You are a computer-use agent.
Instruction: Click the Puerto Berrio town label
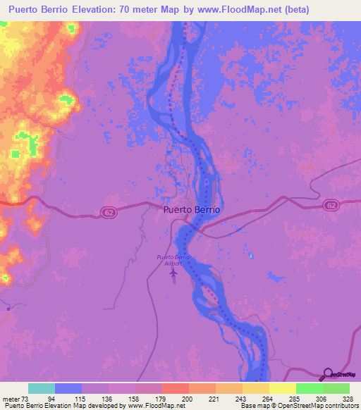tap(192, 209)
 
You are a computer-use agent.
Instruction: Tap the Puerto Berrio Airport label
tap(173, 259)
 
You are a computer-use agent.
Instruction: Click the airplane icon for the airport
tap(174, 272)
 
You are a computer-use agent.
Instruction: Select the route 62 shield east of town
tap(331, 204)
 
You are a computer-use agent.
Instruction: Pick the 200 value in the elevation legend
tap(188, 398)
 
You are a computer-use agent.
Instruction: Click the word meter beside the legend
tap(10, 398)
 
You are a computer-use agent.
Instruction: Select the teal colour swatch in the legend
tap(41, 388)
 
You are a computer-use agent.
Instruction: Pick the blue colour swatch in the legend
tap(68, 388)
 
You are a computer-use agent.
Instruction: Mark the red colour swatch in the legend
tap(175, 388)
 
